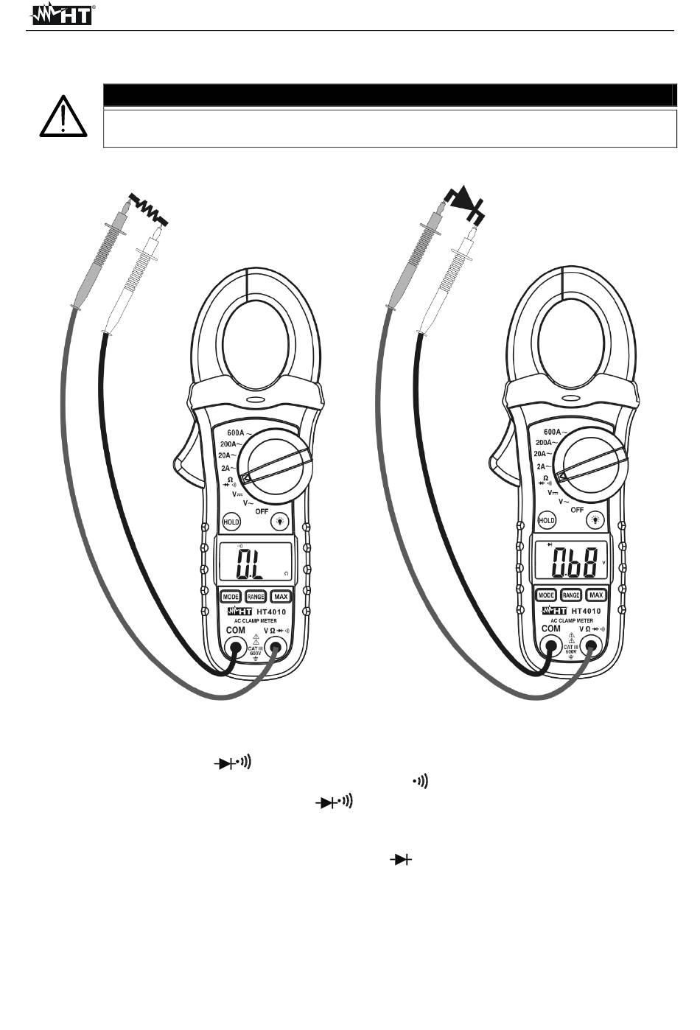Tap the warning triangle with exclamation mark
pyautogui.click(x=63, y=116)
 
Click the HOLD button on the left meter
pyautogui.click(x=231, y=522)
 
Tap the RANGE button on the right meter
pyautogui.click(x=571, y=595)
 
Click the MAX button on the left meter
pyautogui.click(x=280, y=596)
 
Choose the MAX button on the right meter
pyautogui.click(x=596, y=595)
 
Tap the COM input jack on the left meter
pyautogui.click(x=236, y=649)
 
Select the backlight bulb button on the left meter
pyautogui.click(x=280, y=521)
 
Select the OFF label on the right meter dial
pyautogui.click(x=577, y=509)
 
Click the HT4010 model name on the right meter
pyautogui.click(x=587, y=612)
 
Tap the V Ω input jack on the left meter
pyautogui.click(x=278, y=649)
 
